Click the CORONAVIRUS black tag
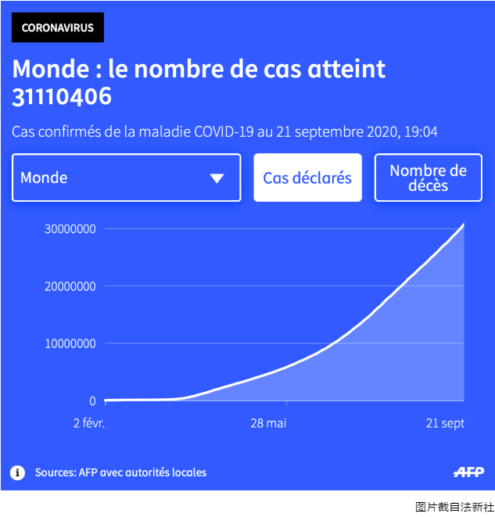58,27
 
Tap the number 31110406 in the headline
62,97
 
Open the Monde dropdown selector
126,178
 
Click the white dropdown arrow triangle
217,178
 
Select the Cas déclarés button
307,178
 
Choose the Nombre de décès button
428,178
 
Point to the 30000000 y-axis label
70,229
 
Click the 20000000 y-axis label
70,286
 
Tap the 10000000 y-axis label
70,343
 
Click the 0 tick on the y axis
92,400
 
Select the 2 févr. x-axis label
88,423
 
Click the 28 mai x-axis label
268,423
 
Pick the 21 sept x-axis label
445,423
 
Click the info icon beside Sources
17,472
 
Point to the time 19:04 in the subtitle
421,131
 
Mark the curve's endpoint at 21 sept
465,224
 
